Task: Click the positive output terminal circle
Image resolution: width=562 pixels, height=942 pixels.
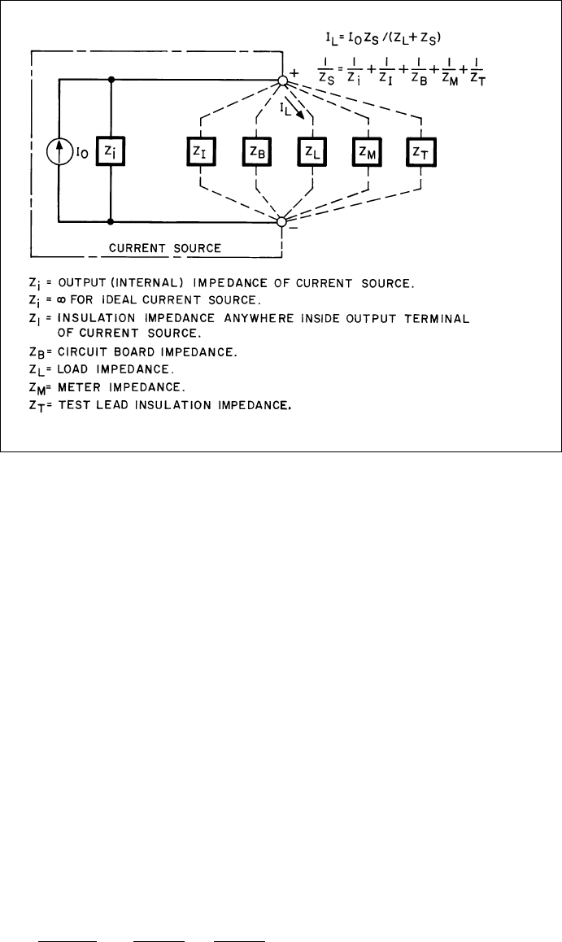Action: click(x=282, y=81)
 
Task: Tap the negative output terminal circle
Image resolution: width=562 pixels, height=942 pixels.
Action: click(x=282, y=221)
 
